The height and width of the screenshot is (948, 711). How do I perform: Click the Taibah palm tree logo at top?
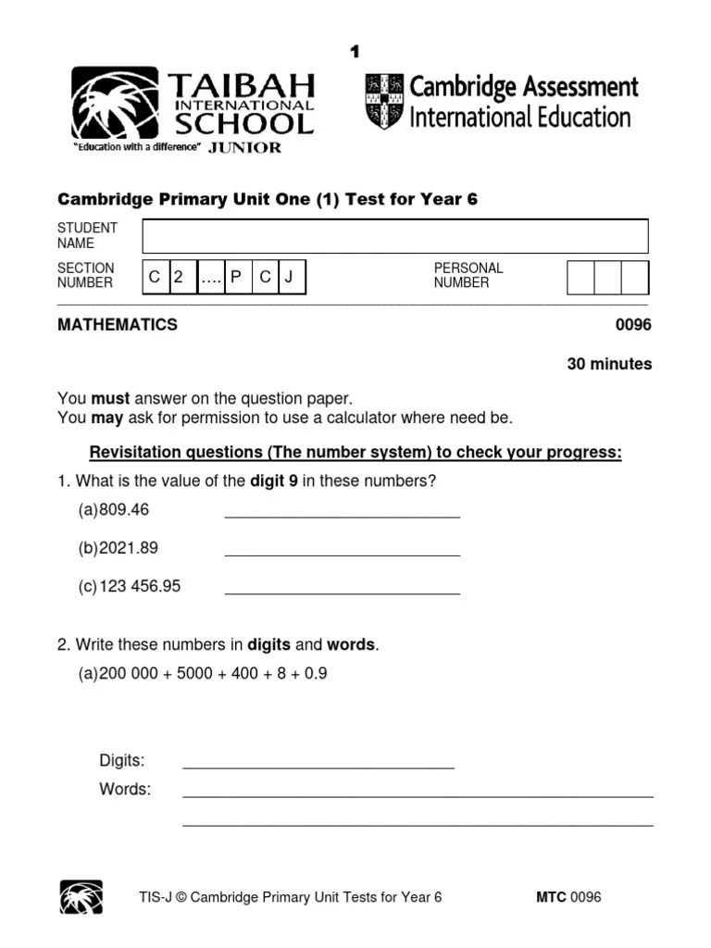pos(115,102)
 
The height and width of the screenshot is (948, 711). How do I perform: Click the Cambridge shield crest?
pos(384,101)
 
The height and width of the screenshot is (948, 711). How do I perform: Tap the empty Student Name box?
pos(394,236)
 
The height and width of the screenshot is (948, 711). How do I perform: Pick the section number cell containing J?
pos(289,276)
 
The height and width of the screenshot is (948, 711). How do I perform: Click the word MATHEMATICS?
pos(118,325)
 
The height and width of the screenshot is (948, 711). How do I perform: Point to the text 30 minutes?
pos(609,364)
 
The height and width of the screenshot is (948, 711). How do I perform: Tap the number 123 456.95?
pos(140,586)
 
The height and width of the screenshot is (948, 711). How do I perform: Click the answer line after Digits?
pos(318,767)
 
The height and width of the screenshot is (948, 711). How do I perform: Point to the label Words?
pos(125,790)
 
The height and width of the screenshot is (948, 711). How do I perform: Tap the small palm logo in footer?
pos(81,897)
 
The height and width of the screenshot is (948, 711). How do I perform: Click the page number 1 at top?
pos(355,52)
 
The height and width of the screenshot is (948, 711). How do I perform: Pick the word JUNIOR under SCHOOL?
pos(244,147)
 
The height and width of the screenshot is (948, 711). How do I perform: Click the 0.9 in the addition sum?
pos(316,674)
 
